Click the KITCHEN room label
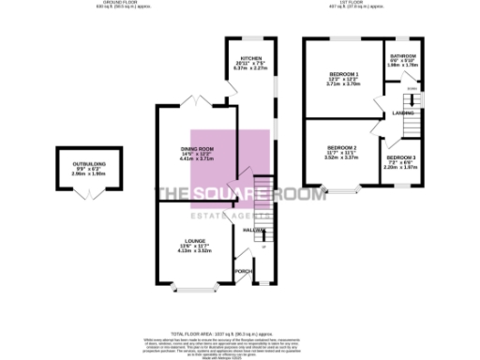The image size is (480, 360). pyautogui.click(x=249, y=58)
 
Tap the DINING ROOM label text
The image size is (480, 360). pyautogui.click(x=198, y=149)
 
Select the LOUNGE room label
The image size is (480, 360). pyautogui.click(x=195, y=240)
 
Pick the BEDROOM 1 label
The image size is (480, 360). pyautogui.click(x=343, y=73)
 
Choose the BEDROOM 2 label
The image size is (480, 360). pyautogui.click(x=342, y=148)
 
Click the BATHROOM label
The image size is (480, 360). pyautogui.click(x=404, y=55)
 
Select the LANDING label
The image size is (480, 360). pyautogui.click(x=404, y=113)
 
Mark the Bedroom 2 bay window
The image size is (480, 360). pyautogui.click(x=342, y=192)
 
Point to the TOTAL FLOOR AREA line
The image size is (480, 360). pyautogui.click(x=240, y=307)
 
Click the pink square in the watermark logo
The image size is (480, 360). pyautogui.click(x=230, y=169)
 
